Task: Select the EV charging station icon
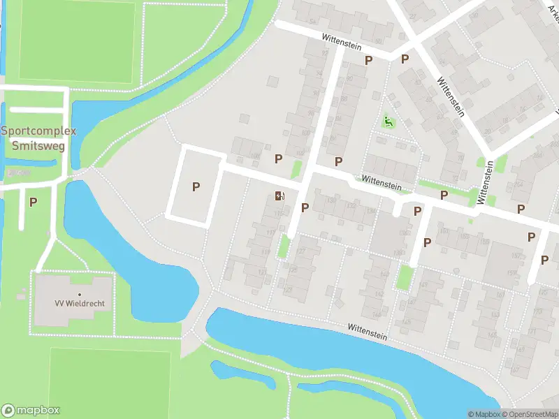point(279,196)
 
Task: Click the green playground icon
point(389,123)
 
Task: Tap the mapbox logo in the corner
point(31,411)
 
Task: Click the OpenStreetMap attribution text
point(531,414)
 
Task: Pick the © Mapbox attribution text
point(484,414)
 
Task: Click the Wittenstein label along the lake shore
point(368,328)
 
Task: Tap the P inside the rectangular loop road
point(196,186)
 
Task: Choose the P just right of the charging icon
point(305,207)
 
